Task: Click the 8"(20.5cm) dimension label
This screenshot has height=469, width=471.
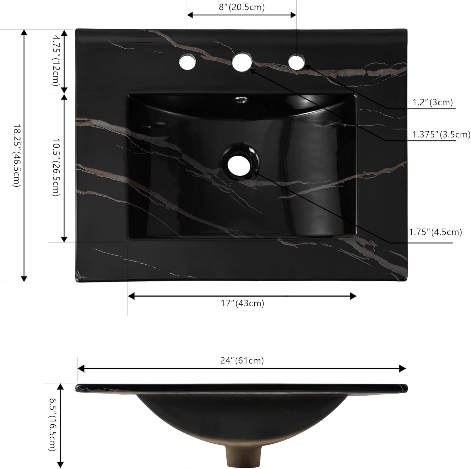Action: [x=241, y=7]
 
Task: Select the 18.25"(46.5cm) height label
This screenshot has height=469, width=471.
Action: [x=16, y=156]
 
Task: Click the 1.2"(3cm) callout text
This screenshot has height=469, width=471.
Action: [x=432, y=102]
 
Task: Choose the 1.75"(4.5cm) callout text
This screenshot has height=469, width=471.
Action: [x=435, y=232]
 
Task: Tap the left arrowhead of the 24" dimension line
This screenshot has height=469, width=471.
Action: [x=81, y=368]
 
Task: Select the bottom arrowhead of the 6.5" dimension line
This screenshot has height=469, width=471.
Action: [x=61, y=465]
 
